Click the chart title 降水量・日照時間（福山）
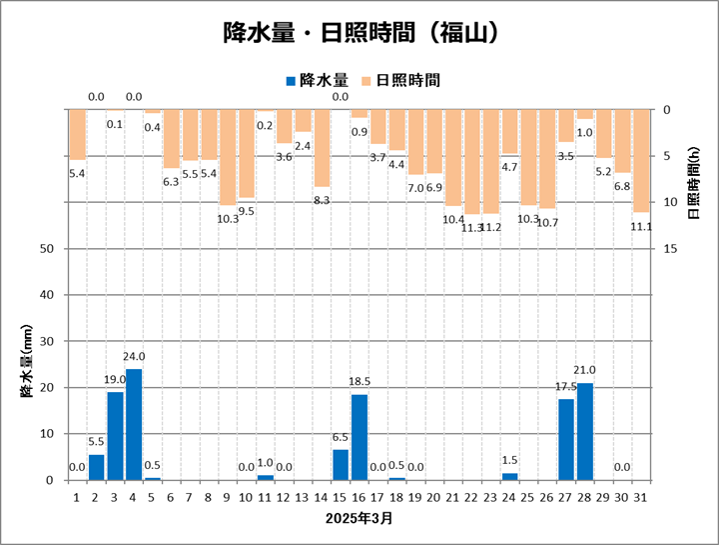(x=359, y=33)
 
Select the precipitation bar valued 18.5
(x=359, y=437)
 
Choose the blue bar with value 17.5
(x=566, y=439)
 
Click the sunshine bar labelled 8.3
(x=322, y=148)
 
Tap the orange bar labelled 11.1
(x=641, y=161)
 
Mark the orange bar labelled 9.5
(x=247, y=154)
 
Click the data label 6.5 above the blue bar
(x=341, y=438)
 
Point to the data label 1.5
(x=510, y=461)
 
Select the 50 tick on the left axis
(x=46, y=249)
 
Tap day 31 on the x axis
(x=641, y=495)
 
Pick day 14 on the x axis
(x=322, y=495)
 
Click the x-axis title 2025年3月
(x=359, y=519)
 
